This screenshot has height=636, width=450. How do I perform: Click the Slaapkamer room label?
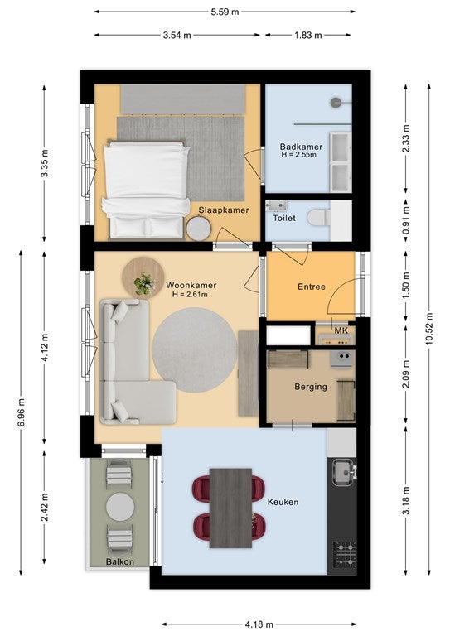[x=224, y=210]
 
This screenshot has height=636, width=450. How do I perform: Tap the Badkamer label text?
[x=301, y=147]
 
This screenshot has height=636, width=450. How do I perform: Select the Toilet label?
[x=284, y=219]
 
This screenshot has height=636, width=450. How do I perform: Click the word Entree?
[x=312, y=287]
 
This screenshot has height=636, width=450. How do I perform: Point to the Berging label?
[x=311, y=387]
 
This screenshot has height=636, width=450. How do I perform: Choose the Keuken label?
[x=283, y=502]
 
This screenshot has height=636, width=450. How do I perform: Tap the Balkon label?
[x=120, y=561]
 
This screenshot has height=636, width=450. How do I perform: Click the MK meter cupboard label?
[x=341, y=330]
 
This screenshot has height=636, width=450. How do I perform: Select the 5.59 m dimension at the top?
[x=225, y=12]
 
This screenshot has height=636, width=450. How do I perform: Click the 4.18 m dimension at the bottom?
[x=259, y=624]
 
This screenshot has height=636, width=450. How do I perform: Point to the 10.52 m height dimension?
[x=429, y=329]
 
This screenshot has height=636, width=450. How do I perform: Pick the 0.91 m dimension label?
[x=406, y=219]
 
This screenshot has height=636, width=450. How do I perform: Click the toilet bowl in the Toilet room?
[x=319, y=218]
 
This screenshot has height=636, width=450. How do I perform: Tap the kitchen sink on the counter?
[x=344, y=473]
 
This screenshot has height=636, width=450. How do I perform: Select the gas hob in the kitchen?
[x=345, y=555]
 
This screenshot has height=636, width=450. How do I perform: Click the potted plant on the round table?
[x=144, y=283]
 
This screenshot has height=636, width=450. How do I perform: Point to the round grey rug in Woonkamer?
[x=195, y=350]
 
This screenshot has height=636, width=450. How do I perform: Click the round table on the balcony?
[x=120, y=507]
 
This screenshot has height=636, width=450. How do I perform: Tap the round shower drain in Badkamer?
[x=336, y=102]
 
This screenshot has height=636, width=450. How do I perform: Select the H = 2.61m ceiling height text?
[x=190, y=295]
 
